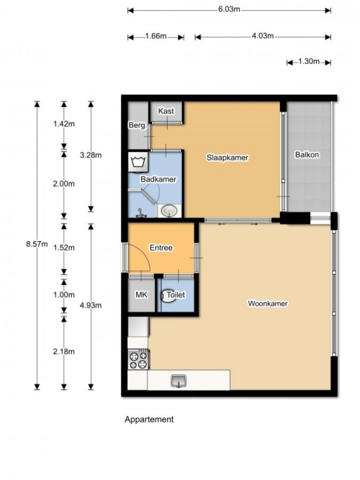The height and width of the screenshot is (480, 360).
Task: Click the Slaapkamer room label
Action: click(x=228, y=158)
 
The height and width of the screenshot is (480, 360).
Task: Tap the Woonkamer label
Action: click(x=268, y=304)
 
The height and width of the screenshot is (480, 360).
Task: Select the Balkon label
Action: click(x=307, y=155)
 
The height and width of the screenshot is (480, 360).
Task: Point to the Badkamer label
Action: click(x=158, y=179)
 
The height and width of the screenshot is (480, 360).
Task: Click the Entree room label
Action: click(x=161, y=248)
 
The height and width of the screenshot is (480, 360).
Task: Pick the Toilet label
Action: click(x=176, y=294)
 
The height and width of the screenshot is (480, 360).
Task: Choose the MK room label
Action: click(x=141, y=294)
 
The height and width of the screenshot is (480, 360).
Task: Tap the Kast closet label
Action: click(x=166, y=111)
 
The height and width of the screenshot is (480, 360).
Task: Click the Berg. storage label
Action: click(x=138, y=125)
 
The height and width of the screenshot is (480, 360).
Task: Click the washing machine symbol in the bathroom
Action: click(x=138, y=161)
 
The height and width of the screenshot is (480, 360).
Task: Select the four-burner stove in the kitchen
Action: click(x=138, y=360)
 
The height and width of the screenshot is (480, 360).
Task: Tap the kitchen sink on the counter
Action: click(x=179, y=381)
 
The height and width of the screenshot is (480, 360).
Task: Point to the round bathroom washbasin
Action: click(x=169, y=211)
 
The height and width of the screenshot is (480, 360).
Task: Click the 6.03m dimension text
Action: click(x=229, y=9)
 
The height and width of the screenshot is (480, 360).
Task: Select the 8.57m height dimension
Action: click(x=37, y=244)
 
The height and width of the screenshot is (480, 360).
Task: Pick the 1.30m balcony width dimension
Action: click(x=309, y=61)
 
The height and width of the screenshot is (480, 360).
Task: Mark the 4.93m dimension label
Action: click(x=91, y=305)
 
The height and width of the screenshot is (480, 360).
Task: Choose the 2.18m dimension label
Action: click(x=64, y=351)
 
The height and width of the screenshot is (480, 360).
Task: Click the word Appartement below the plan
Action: click(x=149, y=420)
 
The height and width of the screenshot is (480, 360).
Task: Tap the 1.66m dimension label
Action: click(x=156, y=36)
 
